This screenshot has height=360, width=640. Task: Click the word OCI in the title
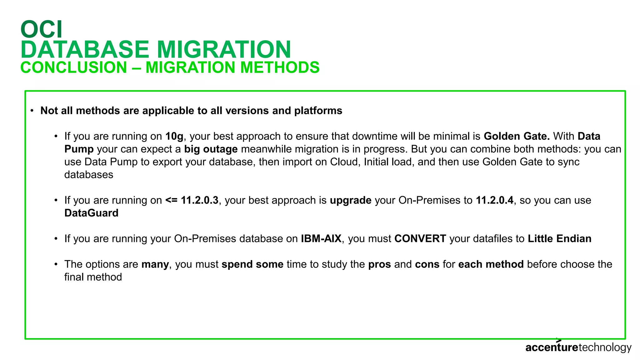[x=42, y=29]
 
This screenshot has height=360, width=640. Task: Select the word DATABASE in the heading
[x=85, y=49]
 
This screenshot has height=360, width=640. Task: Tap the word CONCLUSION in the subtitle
[x=74, y=67]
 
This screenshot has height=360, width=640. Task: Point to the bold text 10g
[x=174, y=136]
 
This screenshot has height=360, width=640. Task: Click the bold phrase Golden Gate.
[x=517, y=136]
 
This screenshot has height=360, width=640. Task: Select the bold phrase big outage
[x=211, y=149]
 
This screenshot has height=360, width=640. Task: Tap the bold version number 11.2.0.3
[x=192, y=200]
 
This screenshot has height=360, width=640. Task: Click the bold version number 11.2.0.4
[x=494, y=200]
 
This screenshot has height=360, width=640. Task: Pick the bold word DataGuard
[x=91, y=213]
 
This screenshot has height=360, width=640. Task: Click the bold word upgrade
[x=351, y=200]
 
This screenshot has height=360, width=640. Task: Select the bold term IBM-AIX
[x=321, y=239]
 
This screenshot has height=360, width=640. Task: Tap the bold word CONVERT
[x=420, y=239]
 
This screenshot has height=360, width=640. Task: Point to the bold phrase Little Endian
[x=559, y=239]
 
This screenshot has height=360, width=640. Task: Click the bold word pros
[x=379, y=264]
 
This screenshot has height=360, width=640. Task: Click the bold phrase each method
[x=491, y=264]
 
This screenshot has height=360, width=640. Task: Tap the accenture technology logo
[x=578, y=347]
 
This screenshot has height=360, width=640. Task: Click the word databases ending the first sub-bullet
[x=89, y=175]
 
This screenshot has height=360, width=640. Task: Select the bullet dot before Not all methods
[x=32, y=111]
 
